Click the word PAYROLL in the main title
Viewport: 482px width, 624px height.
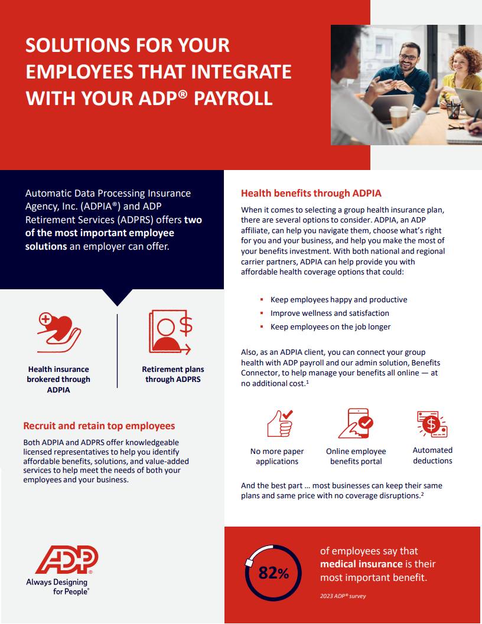(x=233, y=99)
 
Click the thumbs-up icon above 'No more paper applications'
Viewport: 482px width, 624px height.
(x=280, y=423)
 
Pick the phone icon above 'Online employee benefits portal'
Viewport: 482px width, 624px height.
(x=356, y=423)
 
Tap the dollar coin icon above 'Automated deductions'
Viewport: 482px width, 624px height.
(x=432, y=424)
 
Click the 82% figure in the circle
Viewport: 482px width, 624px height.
(x=273, y=573)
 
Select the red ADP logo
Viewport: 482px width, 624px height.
(x=67, y=560)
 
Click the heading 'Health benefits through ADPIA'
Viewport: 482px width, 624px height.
(x=311, y=194)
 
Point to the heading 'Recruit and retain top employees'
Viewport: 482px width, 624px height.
(x=99, y=426)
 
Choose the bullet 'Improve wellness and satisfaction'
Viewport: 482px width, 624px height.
(x=330, y=313)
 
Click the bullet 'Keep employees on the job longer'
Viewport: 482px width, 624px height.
(x=331, y=326)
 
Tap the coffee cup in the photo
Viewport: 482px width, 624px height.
(x=398, y=117)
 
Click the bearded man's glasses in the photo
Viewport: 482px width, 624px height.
(x=408, y=57)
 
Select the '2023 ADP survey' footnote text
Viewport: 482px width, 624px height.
(x=343, y=596)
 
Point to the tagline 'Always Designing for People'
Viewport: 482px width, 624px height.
(x=57, y=587)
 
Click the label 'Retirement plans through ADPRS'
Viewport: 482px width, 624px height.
(x=173, y=374)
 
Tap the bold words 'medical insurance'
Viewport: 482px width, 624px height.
(x=361, y=564)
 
